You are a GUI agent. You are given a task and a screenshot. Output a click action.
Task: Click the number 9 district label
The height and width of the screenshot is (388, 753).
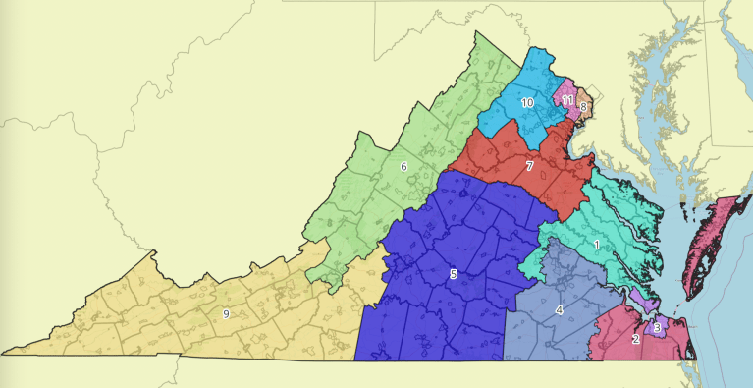pos(226,313)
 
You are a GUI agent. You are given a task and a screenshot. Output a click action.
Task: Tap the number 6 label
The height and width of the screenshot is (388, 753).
pos(403,167)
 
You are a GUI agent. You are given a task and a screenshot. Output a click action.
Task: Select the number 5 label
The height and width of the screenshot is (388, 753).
pos(453,273)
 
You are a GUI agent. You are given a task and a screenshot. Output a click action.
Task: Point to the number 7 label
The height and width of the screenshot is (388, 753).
pos(529,166)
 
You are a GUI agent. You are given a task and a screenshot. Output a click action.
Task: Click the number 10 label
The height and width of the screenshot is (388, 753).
pos(527,102)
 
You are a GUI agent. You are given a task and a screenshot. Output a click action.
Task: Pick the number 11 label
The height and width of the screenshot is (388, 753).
pos(567,100)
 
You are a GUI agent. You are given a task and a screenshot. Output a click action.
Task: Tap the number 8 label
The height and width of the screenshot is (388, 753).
pos(583,106)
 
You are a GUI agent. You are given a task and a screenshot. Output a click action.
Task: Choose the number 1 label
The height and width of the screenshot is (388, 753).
pos(596,242)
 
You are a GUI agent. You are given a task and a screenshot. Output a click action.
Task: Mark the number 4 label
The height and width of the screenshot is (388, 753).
pos(559,310)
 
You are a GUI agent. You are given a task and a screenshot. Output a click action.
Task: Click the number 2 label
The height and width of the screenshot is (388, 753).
pos(636,340)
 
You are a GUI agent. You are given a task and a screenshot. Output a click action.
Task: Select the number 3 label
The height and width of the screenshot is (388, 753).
pos(656,327)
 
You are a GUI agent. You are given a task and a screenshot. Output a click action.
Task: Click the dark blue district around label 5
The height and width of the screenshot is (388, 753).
pos(432,314)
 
